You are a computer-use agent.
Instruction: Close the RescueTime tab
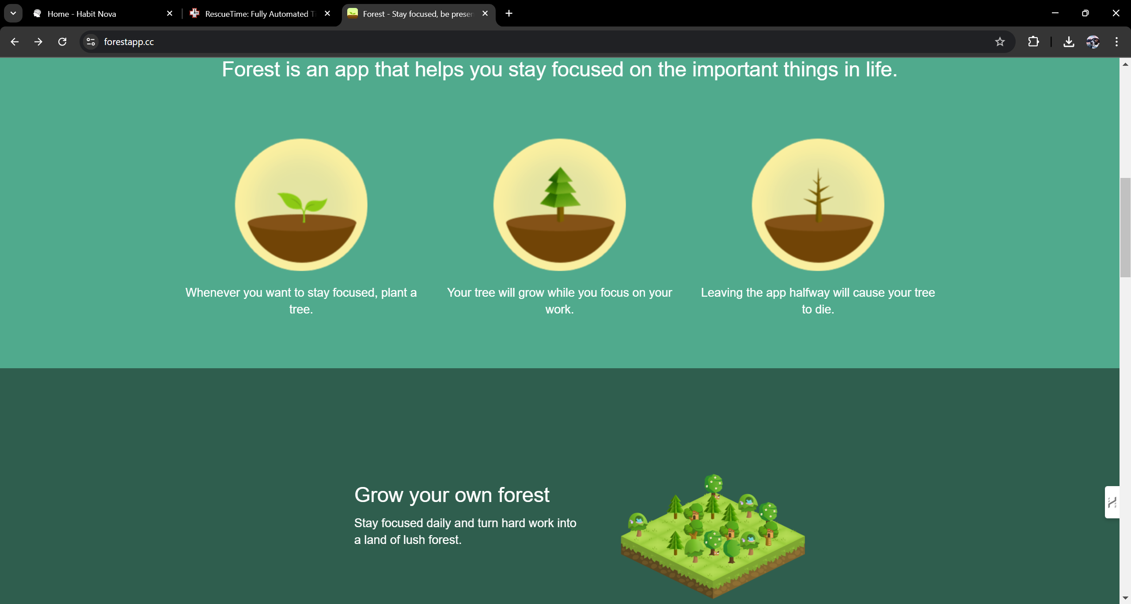(x=327, y=14)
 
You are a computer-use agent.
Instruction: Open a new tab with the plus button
(x=509, y=14)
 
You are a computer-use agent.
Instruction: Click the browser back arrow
(x=15, y=42)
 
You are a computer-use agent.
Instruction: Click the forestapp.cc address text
(x=129, y=42)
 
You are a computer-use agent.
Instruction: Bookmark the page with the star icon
(x=1000, y=42)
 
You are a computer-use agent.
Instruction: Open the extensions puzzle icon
(x=1033, y=42)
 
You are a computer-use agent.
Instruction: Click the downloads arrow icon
(x=1069, y=42)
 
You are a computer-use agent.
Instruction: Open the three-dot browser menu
(x=1117, y=42)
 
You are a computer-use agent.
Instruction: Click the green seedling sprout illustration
(x=303, y=206)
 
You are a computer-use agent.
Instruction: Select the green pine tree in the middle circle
(x=560, y=194)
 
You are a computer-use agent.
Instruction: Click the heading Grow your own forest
(x=452, y=495)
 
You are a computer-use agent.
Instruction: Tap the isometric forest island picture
(x=713, y=536)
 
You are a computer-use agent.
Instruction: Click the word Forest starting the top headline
(x=251, y=69)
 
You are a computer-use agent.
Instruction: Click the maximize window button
(x=1085, y=13)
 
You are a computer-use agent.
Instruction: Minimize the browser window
(x=1055, y=13)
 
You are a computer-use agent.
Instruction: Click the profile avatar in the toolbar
(x=1093, y=42)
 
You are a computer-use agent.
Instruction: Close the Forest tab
(x=485, y=14)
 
